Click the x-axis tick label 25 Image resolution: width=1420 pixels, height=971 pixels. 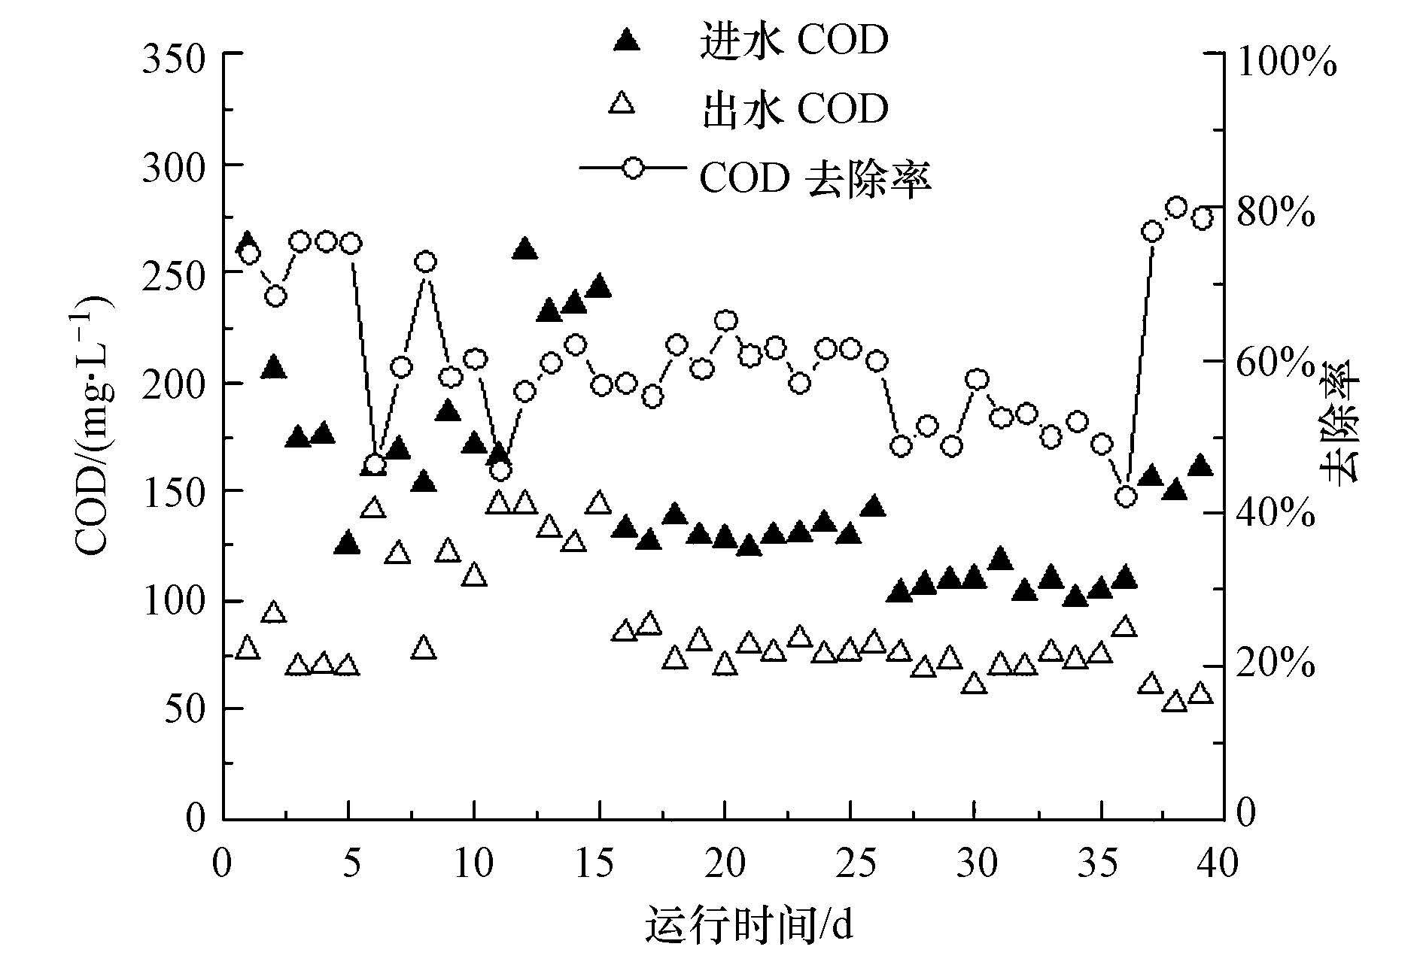(x=850, y=863)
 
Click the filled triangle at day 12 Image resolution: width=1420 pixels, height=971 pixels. (x=525, y=249)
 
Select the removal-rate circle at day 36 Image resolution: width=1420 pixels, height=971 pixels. (x=1126, y=496)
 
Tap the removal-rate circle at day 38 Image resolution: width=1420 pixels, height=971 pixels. (x=1176, y=208)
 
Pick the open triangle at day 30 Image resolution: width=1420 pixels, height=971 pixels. (x=975, y=683)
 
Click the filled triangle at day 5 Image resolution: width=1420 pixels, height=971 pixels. (x=348, y=543)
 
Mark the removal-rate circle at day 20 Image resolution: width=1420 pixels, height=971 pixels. (x=725, y=321)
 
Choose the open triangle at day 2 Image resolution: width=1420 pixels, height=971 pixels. (x=273, y=612)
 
